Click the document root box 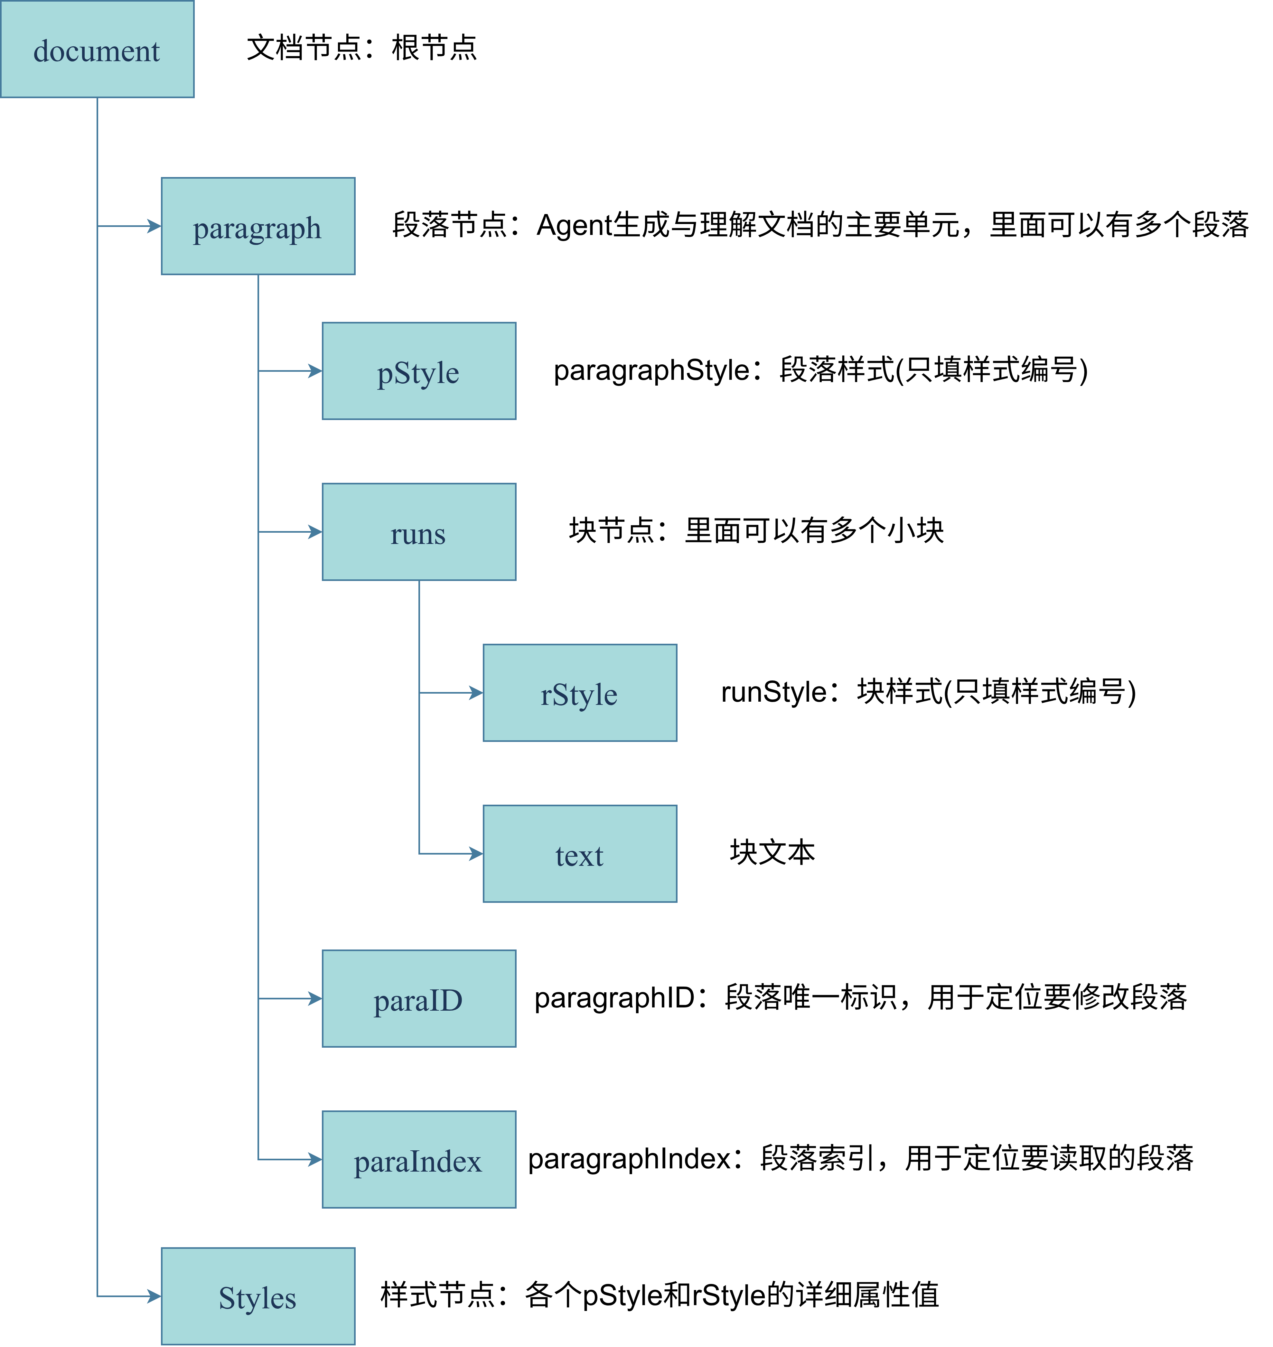pyautogui.click(x=97, y=49)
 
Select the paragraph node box pyautogui.click(x=258, y=226)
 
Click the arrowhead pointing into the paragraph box pyautogui.click(x=155, y=226)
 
